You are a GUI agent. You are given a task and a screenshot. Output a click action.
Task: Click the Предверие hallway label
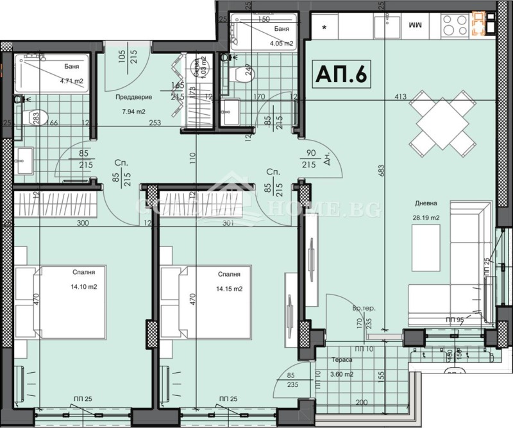coord(133,98)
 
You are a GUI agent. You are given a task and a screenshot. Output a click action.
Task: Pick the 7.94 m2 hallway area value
coord(133,110)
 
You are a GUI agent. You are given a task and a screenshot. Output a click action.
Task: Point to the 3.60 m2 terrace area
coord(341,374)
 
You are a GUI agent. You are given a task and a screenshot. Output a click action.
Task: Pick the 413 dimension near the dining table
coord(401,98)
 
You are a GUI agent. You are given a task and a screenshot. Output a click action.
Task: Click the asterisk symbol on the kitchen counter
coord(325,28)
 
